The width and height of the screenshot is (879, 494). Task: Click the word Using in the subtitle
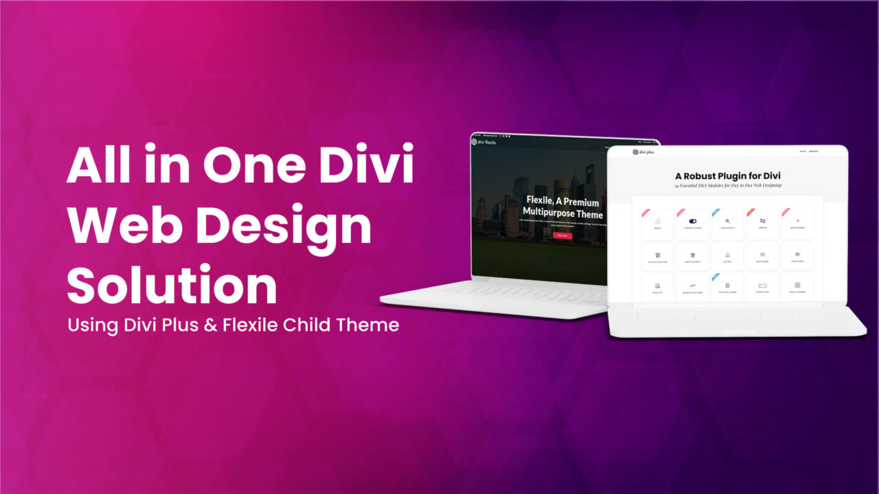pyautogui.click(x=90, y=325)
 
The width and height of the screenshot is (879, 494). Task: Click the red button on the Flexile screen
pyautogui.click(x=562, y=235)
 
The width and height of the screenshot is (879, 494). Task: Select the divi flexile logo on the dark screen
pyautogui.click(x=483, y=141)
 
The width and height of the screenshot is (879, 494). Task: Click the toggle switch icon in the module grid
pyautogui.click(x=692, y=221)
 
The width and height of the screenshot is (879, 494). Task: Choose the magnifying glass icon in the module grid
pyautogui.click(x=727, y=221)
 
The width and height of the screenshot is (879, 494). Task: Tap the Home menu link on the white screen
pyautogui.click(x=801, y=151)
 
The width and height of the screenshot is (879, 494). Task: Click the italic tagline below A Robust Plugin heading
pyautogui.click(x=728, y=185)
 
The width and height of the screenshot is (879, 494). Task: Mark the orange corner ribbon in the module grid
pyautogui.click(x=750, y=211)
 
